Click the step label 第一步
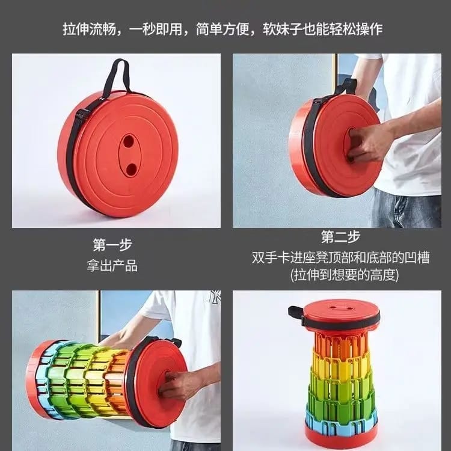(112, 245)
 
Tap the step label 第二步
(342, 236)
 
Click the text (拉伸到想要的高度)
(341, 275)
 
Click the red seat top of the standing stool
(341, 308)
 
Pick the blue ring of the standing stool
(341, 417)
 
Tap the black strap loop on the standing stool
(296, 313)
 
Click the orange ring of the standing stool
(341, 343)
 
